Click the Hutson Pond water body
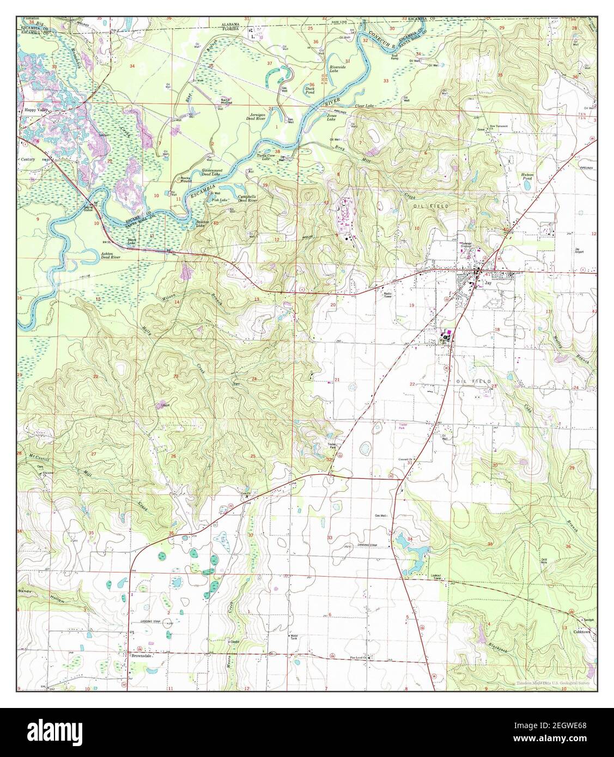click(x=527, y=185)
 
